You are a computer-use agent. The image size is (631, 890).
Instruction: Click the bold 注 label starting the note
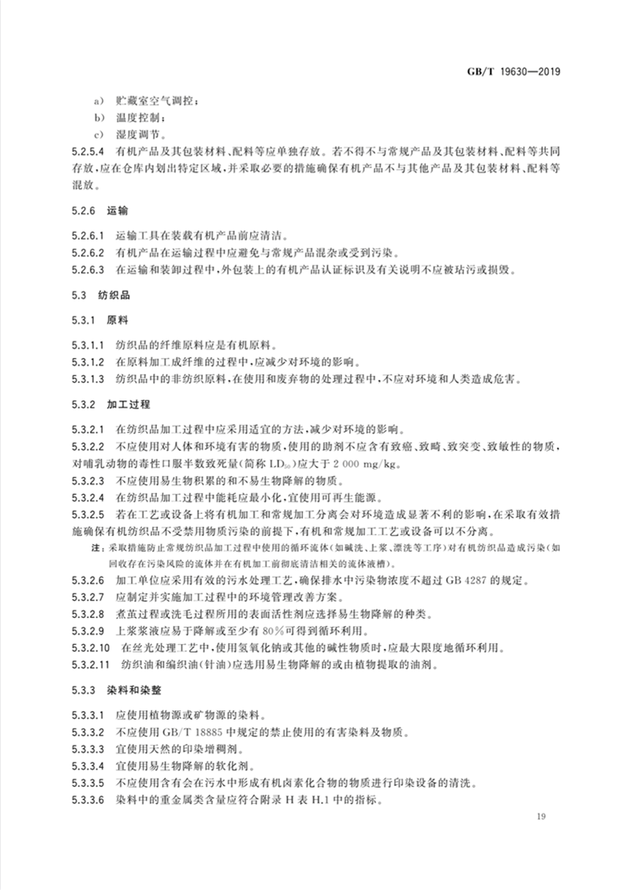point(99,546)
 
